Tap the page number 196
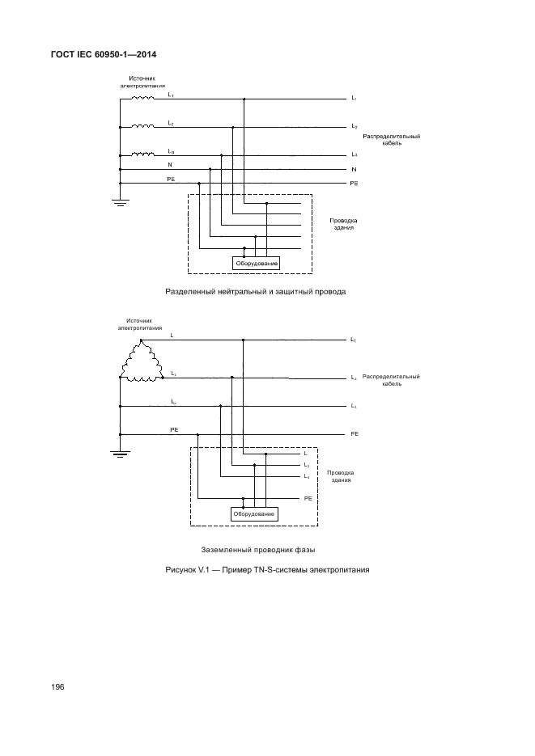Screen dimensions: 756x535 click(57, 687)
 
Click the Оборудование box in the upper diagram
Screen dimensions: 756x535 click(257, 263)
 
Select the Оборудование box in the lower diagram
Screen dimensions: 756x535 click(254, 513)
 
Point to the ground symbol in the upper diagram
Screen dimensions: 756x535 click(120, 201)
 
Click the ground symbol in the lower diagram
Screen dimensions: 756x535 click(120, 454)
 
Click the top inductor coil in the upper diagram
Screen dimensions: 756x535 click(143, 99)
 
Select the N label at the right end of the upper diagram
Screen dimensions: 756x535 click(354, 170)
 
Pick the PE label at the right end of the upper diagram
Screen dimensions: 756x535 click(354, 184)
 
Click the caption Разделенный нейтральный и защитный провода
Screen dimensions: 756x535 click(255, 291)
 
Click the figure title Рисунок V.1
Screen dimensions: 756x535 click(267, 570)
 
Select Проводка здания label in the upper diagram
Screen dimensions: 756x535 click(343, 224)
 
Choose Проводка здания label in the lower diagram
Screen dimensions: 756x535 click(340, 475)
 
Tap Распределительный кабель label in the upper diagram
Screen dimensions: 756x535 click(392, 139)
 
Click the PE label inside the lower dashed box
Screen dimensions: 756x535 click(308, 499)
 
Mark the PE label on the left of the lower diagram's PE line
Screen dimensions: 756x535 click(175, 429)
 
